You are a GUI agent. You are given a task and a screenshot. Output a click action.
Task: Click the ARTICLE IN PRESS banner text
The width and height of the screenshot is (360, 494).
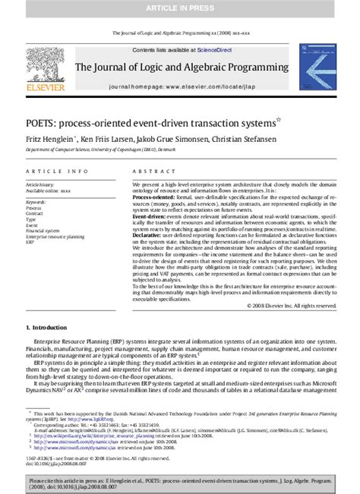pyautogui.click(x=180, y=7)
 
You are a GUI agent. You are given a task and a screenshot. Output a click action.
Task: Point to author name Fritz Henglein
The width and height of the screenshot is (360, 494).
pyautogui.click(x=47, y=139)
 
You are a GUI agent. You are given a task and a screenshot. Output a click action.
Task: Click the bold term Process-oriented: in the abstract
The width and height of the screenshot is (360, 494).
pyautogui.click(x=156, y=197)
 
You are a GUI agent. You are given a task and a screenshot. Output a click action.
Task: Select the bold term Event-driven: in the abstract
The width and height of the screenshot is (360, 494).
pyautogui.click(x=151, y=216)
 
